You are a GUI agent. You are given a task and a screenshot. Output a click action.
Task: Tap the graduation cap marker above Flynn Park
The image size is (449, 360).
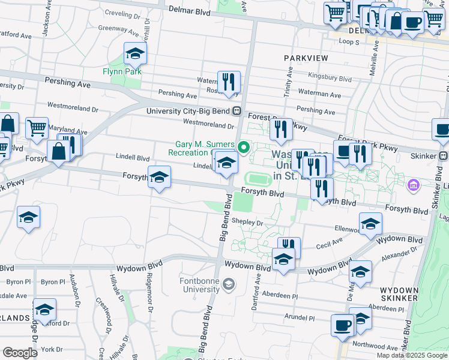(x=136, y=54)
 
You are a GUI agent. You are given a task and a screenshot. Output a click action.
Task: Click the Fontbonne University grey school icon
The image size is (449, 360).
(x=228, y=284)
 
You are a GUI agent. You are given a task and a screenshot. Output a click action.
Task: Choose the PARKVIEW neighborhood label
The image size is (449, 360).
(x=306, y=58)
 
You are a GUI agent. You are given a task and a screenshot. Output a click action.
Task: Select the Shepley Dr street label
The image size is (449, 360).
(x=248, y=222)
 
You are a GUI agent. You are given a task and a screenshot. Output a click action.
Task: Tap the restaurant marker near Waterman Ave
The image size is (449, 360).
(x=229, y=83)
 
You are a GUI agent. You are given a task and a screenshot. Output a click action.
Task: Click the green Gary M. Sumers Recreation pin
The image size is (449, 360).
(x=244, y=146)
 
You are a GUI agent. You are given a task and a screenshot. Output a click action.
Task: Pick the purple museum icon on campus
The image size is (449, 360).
(x=413, y=185)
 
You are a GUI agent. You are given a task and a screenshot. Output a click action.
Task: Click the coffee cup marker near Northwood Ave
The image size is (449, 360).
(x=342, y=325)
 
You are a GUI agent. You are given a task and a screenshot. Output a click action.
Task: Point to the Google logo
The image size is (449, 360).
(x=20, y=352)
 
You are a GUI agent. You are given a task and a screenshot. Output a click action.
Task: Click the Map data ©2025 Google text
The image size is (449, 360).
(x=411, y=355)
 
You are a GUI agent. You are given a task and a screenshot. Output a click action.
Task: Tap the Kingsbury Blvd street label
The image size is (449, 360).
(x=330, y=78)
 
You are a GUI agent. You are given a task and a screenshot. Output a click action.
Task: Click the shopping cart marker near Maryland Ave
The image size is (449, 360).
(x=37, y=127)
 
